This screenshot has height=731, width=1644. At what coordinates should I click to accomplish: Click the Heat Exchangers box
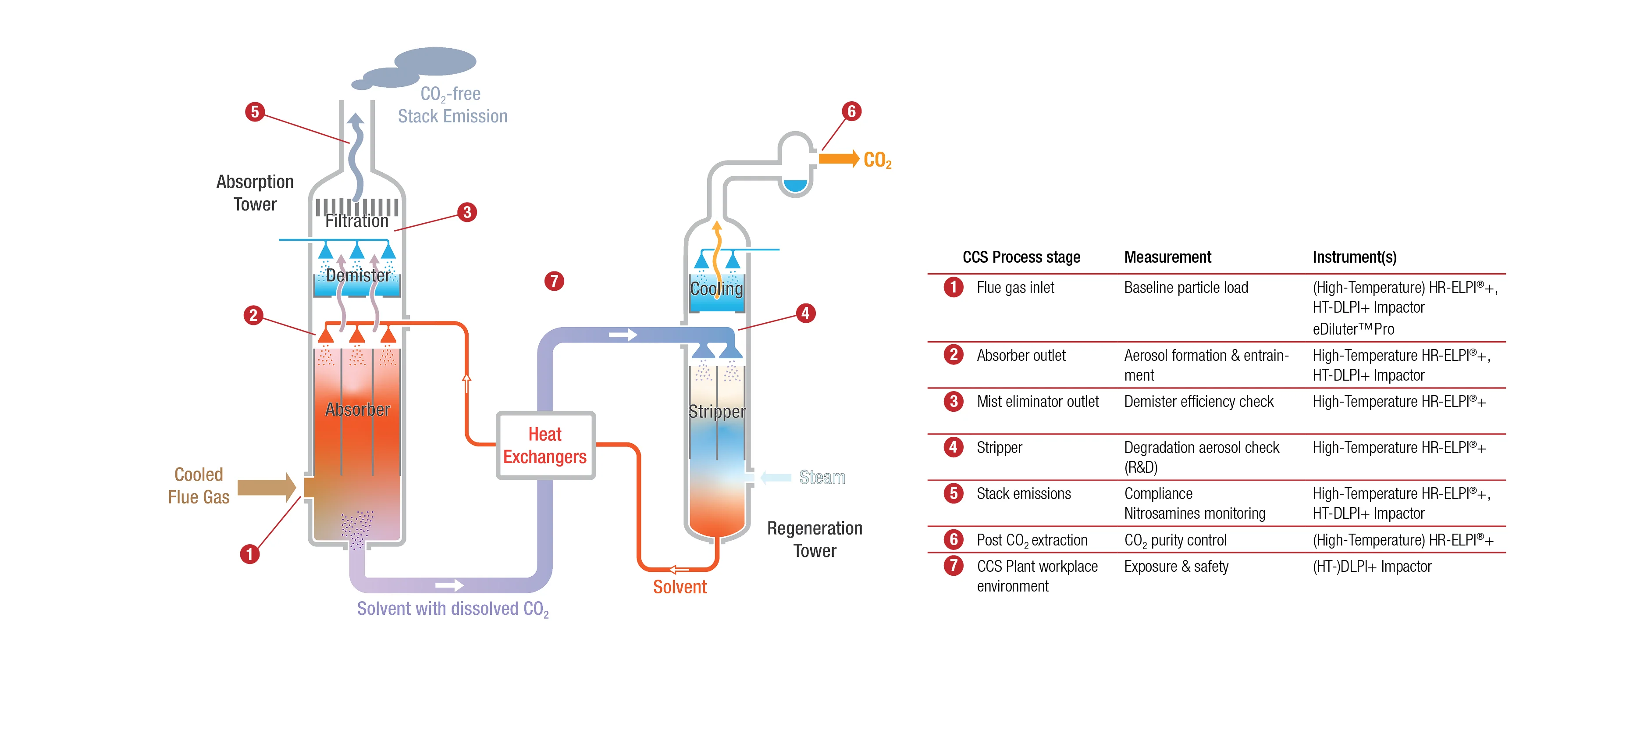[x=545, y=445]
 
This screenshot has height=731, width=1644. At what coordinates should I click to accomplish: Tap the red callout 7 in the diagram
[x=554, y=281]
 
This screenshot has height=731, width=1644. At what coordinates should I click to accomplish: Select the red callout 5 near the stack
[x=255, y=112]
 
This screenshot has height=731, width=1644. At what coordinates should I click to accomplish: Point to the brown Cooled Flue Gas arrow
[x=266, y=488]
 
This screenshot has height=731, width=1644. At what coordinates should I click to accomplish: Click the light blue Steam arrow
[x=776, y=478]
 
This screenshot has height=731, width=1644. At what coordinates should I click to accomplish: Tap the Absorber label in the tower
[x=357, y=409]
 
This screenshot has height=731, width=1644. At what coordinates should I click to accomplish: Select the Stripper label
[x=717, y=411]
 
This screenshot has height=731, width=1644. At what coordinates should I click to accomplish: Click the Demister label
[x=357, y=275]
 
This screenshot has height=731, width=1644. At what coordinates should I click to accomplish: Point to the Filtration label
[x=357, y=221]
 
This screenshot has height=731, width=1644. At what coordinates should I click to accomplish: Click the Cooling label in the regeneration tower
[x=717, y=289]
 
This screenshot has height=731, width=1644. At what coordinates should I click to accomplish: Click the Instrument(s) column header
[x=1354, y=257]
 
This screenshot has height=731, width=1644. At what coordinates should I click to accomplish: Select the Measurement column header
[x=1167, y=257]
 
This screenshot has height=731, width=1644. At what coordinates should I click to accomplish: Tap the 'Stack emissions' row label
[x=1024, y=493]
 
